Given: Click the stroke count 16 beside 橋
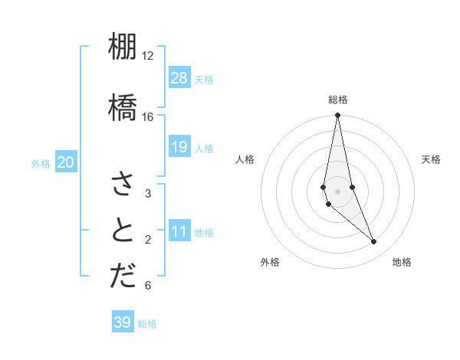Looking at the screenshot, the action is (x=147, y=117).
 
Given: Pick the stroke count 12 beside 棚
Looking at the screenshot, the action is (x=147, y=56).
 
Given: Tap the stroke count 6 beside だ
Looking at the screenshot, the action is (x=147, y=286).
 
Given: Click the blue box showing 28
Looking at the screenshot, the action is (x=179, y=78).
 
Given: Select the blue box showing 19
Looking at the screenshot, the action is (x=179, y=147).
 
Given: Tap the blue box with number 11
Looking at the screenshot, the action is (x=179, y=231).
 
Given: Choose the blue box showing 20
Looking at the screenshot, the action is (x=66, y=162).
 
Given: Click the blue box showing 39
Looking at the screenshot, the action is (x=123, y=322).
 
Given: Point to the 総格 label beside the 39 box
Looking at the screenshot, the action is (x=147, y=324).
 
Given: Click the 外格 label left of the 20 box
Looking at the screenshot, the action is (x=41, y=163).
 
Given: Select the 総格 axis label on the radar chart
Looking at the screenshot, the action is (x=338, y=100).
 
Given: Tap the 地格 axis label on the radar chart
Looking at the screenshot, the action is (x=402, y=262).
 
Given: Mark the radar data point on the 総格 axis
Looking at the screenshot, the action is (x=338, y=116).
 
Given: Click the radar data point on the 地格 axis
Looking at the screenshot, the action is (x=374, y=242).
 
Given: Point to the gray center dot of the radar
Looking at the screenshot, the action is (x=338, y=191).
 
